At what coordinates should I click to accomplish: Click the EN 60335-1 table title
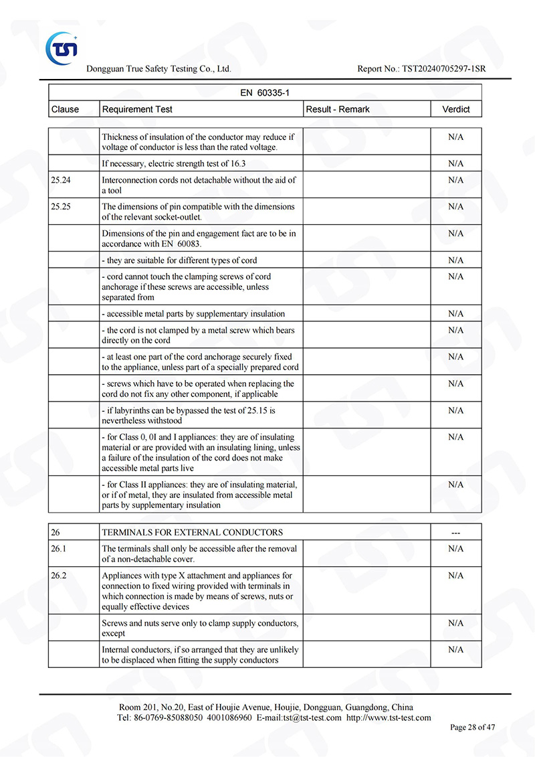click(x=265, y=93)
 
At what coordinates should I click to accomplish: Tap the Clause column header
click(x=65, y=109)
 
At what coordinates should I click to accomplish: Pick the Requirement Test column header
click(x=137, y=109)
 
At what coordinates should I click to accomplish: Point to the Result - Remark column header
click(x=337, y=109)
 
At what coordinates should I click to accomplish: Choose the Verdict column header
click(x=455, y=109)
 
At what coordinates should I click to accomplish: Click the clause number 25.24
click(x=61, y=180)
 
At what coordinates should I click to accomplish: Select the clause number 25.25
click(x=61, y=207)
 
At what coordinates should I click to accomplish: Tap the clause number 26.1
click(x=58, y=549)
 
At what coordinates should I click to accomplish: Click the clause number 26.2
click(x=58, y=576)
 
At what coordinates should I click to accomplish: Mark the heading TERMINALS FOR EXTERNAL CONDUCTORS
click(x=192, y=533)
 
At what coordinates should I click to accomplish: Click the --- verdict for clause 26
click(x=455, y=533)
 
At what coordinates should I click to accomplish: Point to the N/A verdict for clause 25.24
click(x=455, y=180)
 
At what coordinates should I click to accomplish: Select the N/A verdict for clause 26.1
click(x=455, y=549)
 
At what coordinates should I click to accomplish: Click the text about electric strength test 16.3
click(x=174, y=163)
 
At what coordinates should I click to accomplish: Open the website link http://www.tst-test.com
click(x=389, y=718)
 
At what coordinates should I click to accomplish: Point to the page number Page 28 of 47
click(x=473, y=728)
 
